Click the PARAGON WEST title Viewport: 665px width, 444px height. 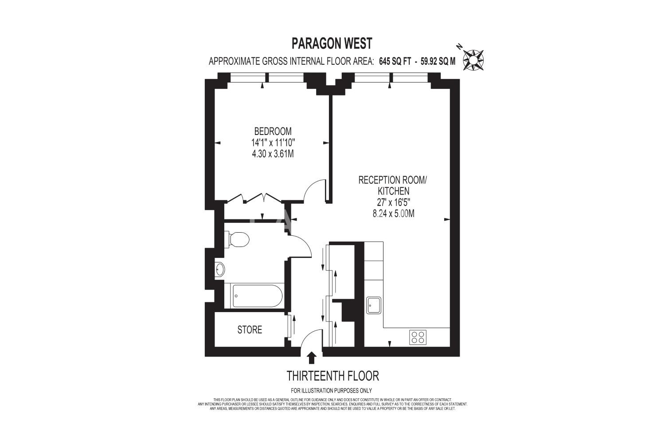click(x=332, y=44)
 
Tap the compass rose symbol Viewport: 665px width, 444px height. click(x=473, y=60)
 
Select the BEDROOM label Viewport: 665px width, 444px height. click(x=273, y=131)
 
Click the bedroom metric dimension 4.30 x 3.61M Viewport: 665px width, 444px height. click(x=273, y=154)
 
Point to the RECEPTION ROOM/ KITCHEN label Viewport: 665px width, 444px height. click(x=392, y=185)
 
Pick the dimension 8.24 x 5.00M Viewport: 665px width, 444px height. click(x=393, y=214)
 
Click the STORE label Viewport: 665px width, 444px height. click(x=250, y=329)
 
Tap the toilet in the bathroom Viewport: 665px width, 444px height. click(x=237, y=240)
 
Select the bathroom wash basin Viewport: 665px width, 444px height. click(x=219, y=270)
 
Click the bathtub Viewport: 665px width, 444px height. click(x=254, y=296)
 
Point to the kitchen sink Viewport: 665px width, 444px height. click(x=373, y=305)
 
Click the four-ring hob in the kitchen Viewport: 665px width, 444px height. click(x=418, y=337)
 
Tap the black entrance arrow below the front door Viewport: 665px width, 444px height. click(x=311, y=358)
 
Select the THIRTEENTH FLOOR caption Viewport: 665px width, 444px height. click(x=333, y=376)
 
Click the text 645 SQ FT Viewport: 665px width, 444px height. click(x=395, y=61)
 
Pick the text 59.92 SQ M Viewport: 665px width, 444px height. click(x=438, y=61)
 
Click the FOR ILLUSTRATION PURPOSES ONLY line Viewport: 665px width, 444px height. click(x=331, y=390)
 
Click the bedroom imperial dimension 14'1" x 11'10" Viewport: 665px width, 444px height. click(x=273, y=143)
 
